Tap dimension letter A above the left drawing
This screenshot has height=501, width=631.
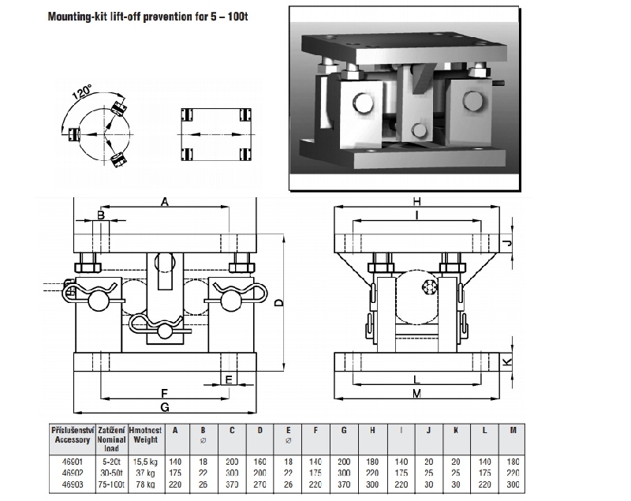pyautogui.click(x=165, y=202)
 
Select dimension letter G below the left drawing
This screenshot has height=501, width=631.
pyautogui.click(x=164, y=407)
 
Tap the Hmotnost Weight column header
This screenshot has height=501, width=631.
pyautogui.click(x=145, y=434)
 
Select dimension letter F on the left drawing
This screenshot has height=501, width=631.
pyautogui.click(x=164, y=392)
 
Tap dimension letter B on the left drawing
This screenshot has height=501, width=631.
pyautogui.click(x=101, y=215)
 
